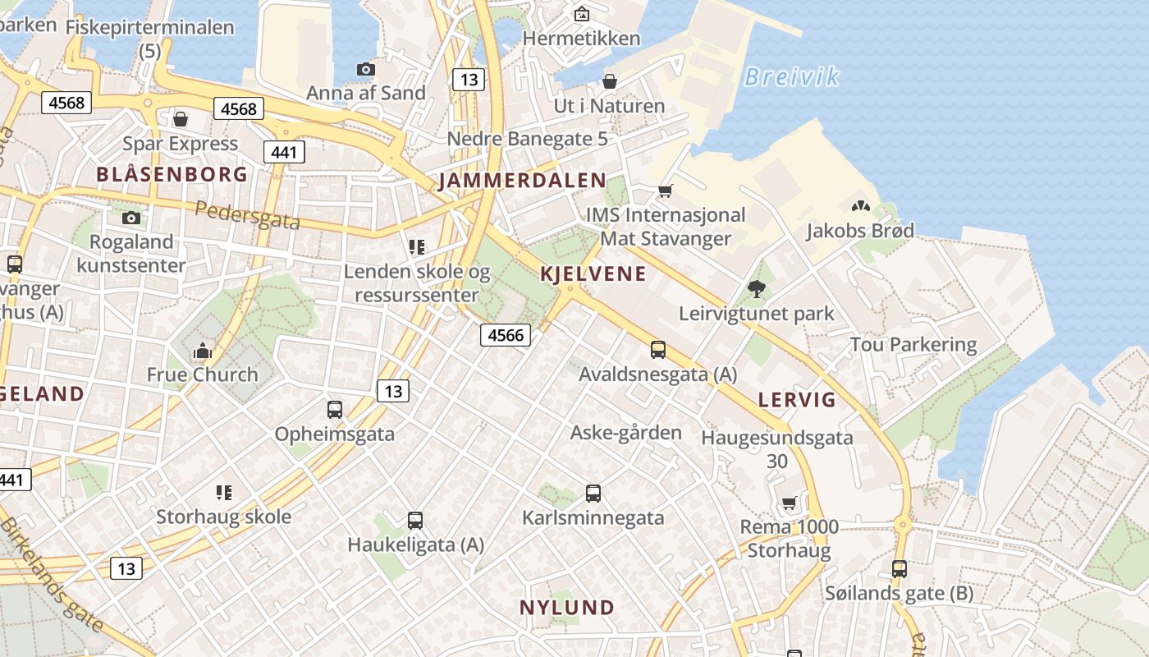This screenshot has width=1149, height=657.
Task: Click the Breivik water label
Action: coord(791,77)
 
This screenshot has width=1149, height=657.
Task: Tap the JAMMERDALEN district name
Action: coord(522,181)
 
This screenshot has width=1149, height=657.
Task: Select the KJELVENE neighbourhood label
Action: coord(593,274)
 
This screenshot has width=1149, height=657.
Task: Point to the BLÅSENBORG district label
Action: coord(172,174)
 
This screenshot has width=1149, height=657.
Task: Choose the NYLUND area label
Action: coord(567,608)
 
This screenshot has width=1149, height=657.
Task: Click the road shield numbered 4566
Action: coord(505,335)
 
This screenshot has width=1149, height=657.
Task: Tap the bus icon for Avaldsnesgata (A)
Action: coord(658,350)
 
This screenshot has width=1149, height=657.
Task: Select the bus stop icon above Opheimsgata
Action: coord(334,409)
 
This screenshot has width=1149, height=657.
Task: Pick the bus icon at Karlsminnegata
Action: coord(593,494)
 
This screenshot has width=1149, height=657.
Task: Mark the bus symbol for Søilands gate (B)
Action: coord(900,568)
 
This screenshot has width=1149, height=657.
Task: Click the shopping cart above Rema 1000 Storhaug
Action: coord(789,503)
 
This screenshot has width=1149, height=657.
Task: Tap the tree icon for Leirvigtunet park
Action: coord(756,288)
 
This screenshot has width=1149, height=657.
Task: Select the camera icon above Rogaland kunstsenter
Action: coord(131,218)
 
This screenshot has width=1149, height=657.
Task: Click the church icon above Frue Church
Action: coord(202,351)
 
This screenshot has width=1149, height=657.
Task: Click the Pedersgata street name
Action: coord(248,215)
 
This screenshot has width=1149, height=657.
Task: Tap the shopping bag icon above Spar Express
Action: coord(181,120)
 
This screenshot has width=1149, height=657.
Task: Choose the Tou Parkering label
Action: coord(913,344)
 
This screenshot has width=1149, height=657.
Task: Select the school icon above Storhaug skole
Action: coord(223,493)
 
